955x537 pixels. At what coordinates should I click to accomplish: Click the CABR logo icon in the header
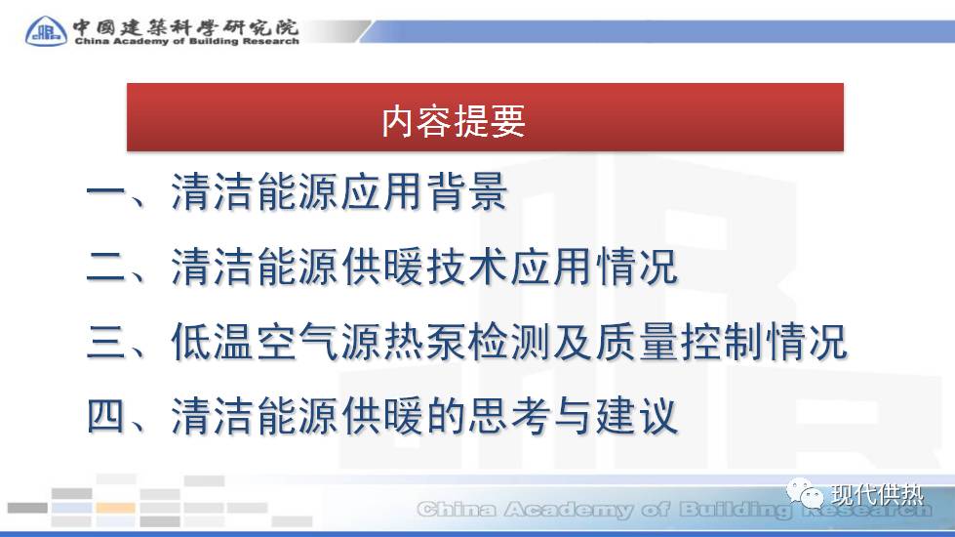point(46,30)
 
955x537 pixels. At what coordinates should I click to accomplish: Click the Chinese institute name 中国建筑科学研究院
point(185,24)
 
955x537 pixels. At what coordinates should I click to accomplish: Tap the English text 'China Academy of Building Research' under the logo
point(185,41)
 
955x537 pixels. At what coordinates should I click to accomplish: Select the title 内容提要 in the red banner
point(454,121)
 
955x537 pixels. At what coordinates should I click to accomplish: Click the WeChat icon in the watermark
point(810,495)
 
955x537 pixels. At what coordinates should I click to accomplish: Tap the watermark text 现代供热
point(877,495)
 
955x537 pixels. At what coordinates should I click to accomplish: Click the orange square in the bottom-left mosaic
point(115,508)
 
